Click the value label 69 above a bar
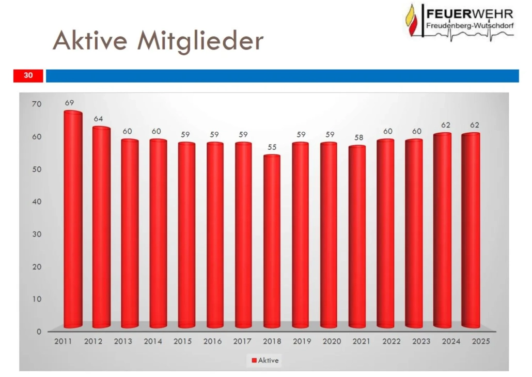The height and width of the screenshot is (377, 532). coord(70,103)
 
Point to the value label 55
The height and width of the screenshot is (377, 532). coord(272,147)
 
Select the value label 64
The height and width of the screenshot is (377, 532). coord(98,119)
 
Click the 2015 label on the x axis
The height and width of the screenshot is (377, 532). coord(183,341)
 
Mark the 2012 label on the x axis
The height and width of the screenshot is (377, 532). coord(93,341)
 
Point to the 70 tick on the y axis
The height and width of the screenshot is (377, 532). coord(36,104)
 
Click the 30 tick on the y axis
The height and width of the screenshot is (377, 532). coord(36,234)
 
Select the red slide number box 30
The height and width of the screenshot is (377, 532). coord(28,76)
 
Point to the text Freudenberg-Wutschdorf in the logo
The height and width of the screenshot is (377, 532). coord(470,25)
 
